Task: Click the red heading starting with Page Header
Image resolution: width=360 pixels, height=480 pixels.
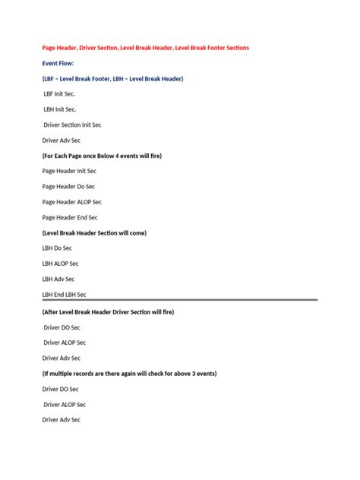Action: (x=145, y=48)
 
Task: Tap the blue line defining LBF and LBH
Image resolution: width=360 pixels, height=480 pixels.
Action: (x=112, y=79)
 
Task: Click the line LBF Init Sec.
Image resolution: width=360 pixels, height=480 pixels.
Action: (x=59, y=94)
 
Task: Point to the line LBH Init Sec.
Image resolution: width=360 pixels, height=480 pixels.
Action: (x=60, y=109)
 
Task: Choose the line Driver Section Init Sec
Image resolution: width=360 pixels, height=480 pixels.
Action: (x=73, y=125)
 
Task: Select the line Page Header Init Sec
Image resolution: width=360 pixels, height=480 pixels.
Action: (x=69, y=171)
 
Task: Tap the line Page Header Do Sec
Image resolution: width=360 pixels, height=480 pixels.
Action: (x=68, y=186)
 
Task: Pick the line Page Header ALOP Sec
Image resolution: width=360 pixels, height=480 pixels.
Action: (x=71, y=202)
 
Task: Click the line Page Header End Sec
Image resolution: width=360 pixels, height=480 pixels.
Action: (x=70, y=217)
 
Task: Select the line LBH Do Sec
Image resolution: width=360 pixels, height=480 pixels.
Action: (x=58, y=248)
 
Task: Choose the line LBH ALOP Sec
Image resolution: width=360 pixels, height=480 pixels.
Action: (x=60, y=264)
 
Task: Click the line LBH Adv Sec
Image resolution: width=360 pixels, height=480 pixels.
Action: (x=58, y=279)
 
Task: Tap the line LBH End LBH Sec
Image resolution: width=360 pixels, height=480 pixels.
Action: (x=65, y=294)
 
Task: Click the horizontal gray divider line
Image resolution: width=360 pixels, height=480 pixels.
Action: (x=179, y=300)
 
